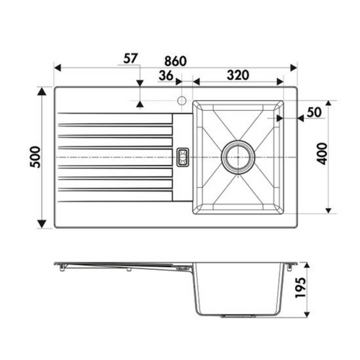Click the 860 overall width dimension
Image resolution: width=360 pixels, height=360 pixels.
(x=176, y=61)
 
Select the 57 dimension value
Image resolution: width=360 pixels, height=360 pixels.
(x=130, y=58)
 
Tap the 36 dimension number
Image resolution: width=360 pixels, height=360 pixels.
(x=166, y=76)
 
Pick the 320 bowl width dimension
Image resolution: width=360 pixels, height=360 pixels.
(x=238, y=75)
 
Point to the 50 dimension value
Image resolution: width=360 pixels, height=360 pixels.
(x=314, y=112)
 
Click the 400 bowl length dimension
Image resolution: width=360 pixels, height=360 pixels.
(x=322, y=154)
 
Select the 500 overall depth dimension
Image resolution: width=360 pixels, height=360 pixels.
(x=35, y=157)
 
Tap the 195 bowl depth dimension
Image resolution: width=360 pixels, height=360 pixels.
(x=300, y=288)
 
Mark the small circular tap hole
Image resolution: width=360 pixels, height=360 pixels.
(x=181, y=100)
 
